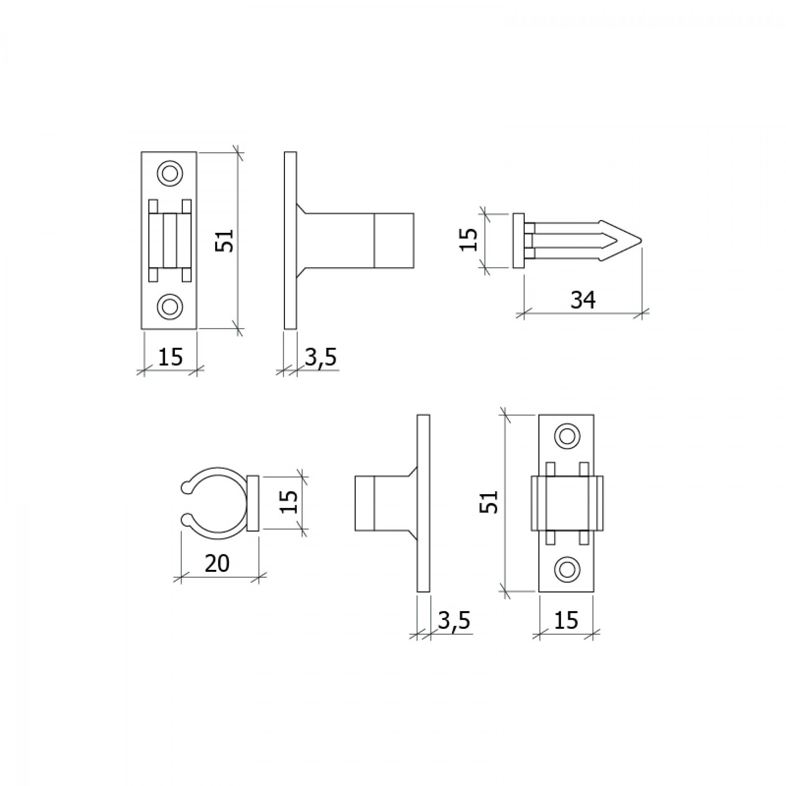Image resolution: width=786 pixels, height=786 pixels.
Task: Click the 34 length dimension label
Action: (583, 300)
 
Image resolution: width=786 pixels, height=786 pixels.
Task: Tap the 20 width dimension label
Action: (217, 564)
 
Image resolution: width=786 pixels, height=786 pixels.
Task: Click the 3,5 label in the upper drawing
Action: (321, 357)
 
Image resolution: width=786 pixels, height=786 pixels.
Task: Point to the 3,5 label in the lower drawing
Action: (454, 621)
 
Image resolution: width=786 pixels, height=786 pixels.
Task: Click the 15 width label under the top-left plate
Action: (170, 357)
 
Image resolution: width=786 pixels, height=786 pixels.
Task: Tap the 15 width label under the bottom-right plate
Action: (566, 620)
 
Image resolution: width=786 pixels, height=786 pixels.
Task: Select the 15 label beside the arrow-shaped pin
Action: (469, 239)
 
